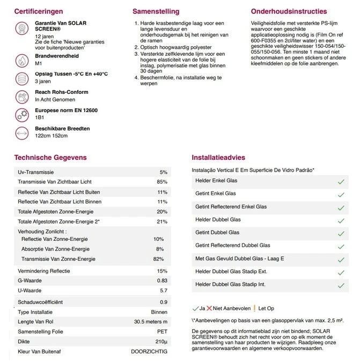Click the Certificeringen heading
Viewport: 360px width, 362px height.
39,11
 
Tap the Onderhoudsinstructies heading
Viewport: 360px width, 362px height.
288,11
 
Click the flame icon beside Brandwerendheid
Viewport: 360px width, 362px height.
23,60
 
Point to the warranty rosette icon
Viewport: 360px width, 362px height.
23,28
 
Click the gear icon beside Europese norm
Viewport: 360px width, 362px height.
23,114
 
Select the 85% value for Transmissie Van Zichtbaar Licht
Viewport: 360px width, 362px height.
162,182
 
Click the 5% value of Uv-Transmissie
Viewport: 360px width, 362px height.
164,172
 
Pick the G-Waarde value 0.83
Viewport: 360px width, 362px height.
162,281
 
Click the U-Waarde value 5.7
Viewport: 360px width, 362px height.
163,291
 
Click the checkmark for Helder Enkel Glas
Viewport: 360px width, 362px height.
340,182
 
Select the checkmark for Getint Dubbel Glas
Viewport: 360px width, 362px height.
340,233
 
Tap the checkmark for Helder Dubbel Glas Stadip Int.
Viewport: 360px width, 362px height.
340,285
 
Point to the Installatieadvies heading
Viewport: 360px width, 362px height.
218,158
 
